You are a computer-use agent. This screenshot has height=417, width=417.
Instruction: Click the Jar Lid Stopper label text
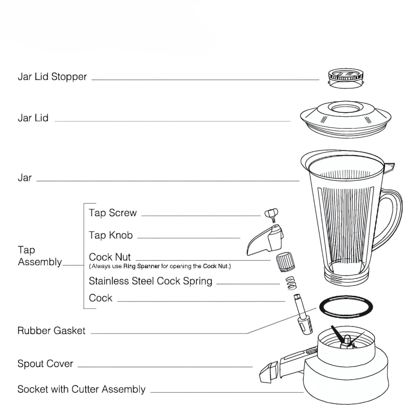52,77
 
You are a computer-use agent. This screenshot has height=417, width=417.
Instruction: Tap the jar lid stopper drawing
345,78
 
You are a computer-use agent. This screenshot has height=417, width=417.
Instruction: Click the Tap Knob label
111,235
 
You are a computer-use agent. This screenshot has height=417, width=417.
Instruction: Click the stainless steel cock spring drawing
291,283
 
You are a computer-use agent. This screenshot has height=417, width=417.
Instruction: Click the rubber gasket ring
346,306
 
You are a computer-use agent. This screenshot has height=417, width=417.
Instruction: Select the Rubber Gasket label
51,331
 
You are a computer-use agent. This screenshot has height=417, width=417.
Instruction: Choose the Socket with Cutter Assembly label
81,389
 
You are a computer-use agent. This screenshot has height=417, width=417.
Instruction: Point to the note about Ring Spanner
160,266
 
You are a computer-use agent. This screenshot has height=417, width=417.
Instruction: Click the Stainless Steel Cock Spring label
150,281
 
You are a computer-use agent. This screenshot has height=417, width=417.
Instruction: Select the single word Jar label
25,178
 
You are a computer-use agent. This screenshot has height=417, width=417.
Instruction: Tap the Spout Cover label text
45,364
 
